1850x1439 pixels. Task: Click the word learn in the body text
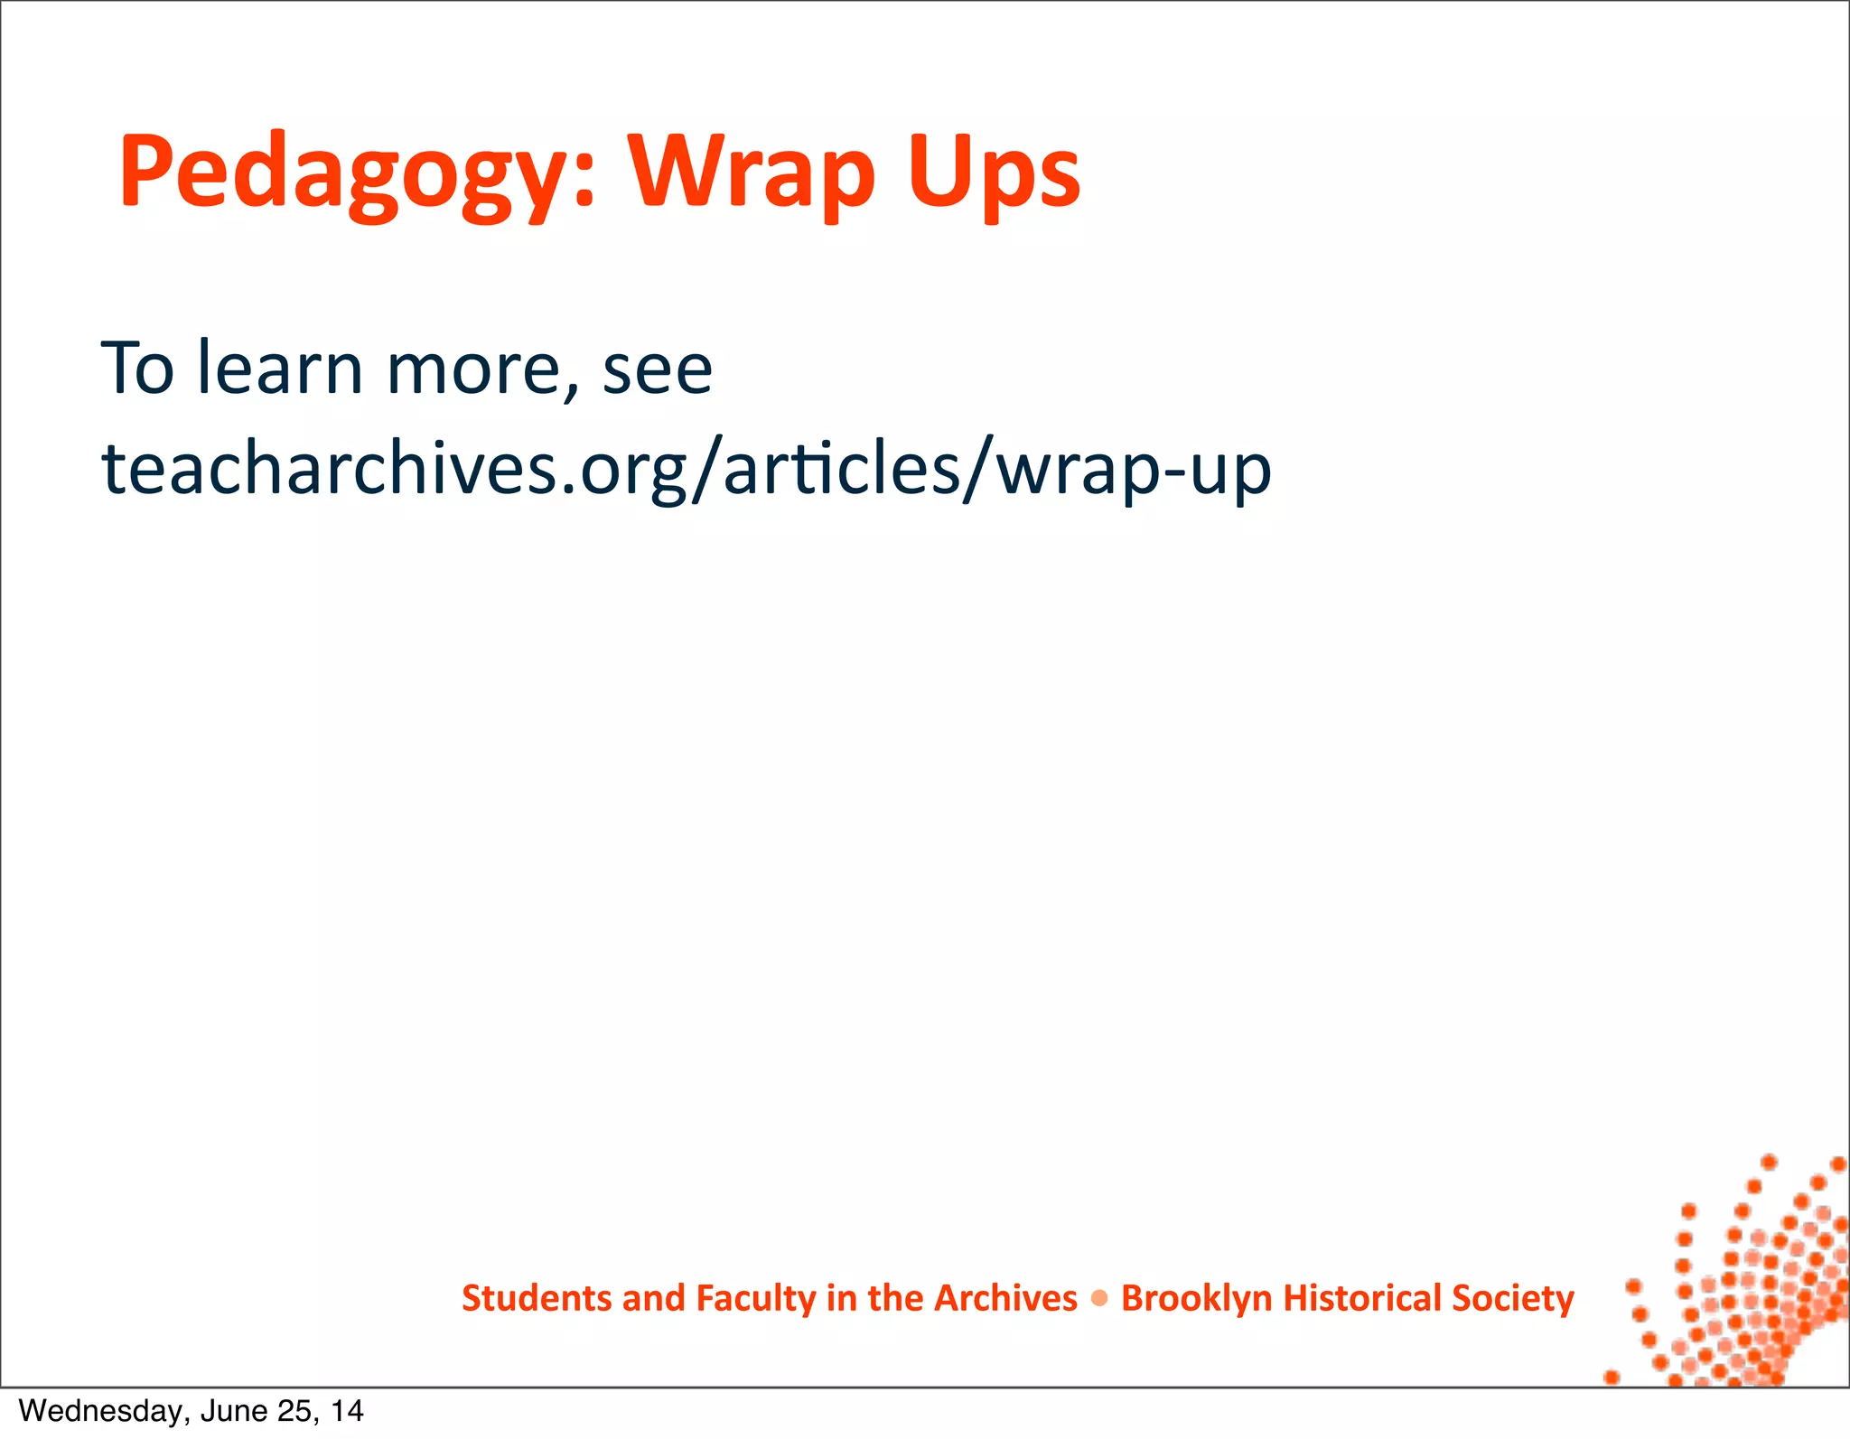click(x=280, y=369)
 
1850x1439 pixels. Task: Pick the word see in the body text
click(x=658, y=369)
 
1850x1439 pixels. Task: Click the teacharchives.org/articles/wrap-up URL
click(x=687, y=470)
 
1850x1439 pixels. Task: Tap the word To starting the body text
click(x=137, y=369)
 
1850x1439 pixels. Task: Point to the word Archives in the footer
click(x=1005, y=1298)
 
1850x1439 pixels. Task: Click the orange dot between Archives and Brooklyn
click(x=1099, y=1299)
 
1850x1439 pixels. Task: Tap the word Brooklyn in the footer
click(x=1196, y=1298)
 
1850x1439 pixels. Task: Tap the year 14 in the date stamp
click(x=347, y=1411)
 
